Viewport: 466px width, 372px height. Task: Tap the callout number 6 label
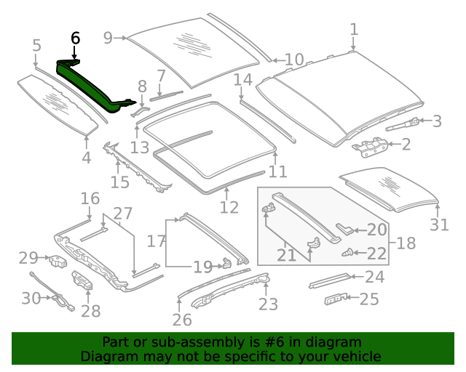tap(76, 39)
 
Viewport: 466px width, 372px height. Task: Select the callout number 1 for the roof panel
tap(354, 29)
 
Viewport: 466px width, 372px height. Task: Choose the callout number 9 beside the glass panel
tap(108, 38)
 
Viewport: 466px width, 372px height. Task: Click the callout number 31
tap(439, 225)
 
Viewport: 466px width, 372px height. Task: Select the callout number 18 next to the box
tap(406, 243)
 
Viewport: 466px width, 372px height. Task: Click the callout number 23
tap(268, 304)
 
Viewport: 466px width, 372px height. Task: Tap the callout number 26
tap(182, 319)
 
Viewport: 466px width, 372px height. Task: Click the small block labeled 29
tap(56, 259)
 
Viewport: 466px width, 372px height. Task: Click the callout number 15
tap(119, 182)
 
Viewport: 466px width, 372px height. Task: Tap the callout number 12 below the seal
tap(229, 208)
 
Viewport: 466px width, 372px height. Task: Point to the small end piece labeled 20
tap(346, 230)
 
